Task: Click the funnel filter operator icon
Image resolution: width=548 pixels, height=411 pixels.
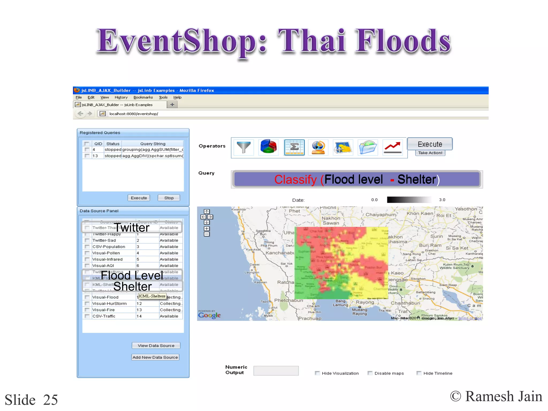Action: (243, 147)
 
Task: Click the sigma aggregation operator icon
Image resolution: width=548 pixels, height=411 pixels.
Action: (294, 147)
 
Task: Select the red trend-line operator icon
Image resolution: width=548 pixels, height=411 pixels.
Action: (392, 147)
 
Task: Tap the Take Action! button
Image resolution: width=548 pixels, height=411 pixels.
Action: (430, 153)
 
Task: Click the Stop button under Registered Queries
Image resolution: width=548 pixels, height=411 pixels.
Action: (169, 198)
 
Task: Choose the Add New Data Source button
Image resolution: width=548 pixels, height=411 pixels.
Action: (155, 357)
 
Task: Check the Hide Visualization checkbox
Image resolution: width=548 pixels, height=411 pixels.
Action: (317, 373)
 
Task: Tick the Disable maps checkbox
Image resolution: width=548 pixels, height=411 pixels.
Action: (370, 373)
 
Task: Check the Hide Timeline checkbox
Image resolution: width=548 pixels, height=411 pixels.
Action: (419, 373)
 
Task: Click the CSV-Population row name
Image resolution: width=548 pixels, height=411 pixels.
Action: (109, 246)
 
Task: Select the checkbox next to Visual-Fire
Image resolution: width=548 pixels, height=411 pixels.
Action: (87, 310)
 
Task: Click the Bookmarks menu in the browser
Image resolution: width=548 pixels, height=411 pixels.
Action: (143, 97)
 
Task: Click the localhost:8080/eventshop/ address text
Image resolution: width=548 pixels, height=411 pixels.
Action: (134, 114)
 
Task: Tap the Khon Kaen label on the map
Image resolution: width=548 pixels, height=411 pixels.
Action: (420, 213)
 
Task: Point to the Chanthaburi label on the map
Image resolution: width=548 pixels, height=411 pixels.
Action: (405, 303)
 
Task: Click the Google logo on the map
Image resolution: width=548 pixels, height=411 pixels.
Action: (209, 315)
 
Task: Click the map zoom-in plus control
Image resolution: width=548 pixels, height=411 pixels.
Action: (207, 229)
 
